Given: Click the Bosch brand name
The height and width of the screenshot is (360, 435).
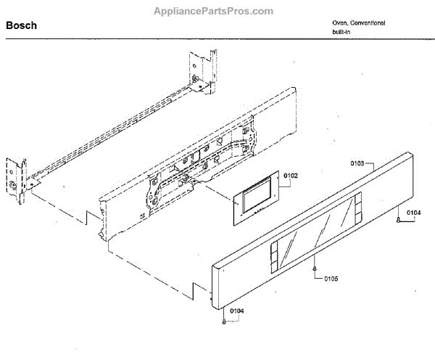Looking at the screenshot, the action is tap(22, 25).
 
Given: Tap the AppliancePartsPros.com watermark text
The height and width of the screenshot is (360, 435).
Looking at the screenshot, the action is tap(214, 11).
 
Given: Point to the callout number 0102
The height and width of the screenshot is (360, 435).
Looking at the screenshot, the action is tap(291, 175).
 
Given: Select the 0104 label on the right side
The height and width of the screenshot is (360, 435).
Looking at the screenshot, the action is tap(413, 213).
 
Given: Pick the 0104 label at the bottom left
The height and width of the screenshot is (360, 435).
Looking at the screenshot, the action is tap(236, 311).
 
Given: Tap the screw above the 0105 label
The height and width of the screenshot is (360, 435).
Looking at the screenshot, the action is tap(313, 269).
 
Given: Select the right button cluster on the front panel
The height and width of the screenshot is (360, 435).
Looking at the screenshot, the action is tap(354, 212).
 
